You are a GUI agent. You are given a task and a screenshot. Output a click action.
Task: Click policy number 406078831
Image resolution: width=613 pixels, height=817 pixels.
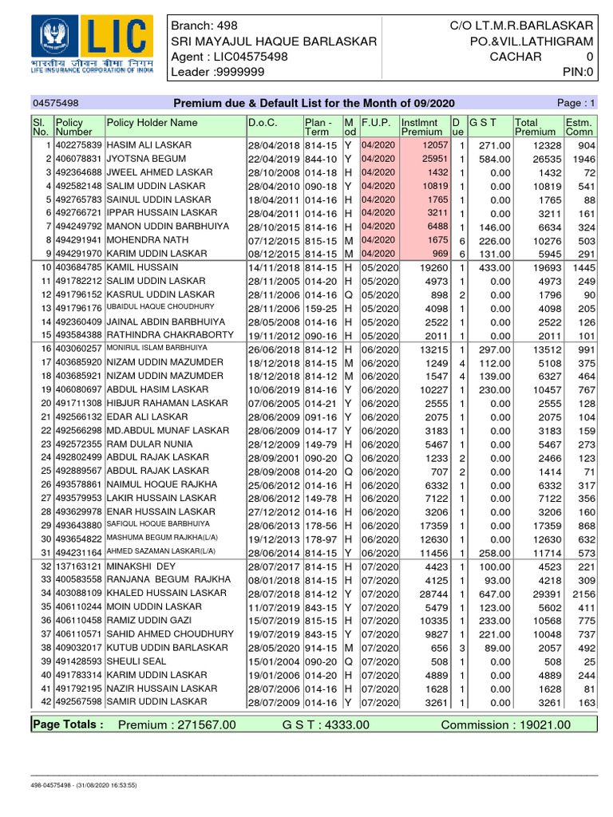tap(78, 159)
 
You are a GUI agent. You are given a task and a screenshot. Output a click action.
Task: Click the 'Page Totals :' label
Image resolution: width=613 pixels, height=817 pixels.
tap(68, 724)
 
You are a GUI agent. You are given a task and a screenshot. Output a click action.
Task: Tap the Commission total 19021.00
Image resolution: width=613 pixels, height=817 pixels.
tap(540, 724)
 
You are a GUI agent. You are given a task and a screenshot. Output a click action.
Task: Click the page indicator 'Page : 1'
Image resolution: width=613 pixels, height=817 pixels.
tap(577, 104)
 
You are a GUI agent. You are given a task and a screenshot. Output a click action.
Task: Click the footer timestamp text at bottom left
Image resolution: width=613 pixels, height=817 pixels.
tap(84, 786)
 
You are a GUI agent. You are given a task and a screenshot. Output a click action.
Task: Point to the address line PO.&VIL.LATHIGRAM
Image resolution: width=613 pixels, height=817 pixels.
tap(531, 41)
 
